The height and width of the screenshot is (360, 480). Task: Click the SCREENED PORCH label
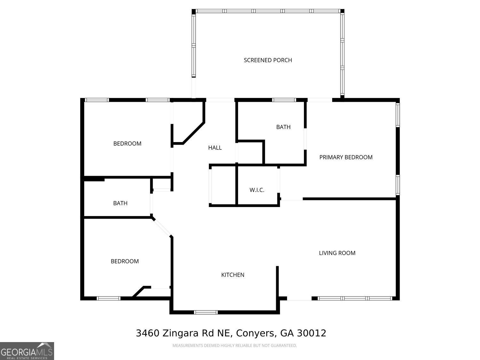268,60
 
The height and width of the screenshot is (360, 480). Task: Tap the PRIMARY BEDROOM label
346,157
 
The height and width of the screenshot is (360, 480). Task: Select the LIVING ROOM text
337,253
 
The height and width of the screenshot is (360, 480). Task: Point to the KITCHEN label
233,275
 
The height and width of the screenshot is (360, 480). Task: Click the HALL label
215,148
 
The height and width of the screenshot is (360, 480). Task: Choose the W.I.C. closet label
257,190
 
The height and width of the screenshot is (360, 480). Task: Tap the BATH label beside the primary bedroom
283,127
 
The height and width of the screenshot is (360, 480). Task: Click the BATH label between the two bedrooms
120,203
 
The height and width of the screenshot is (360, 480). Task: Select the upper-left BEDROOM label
127,143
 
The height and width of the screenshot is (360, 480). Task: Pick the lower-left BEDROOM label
124,261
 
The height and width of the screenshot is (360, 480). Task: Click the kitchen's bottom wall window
206,312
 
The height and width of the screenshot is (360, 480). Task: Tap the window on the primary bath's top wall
284,100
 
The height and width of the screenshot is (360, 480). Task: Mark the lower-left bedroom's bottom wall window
108,298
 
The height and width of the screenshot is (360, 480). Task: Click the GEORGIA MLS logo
27,351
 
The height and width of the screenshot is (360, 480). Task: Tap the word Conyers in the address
255,333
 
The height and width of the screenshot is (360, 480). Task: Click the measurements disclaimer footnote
235,346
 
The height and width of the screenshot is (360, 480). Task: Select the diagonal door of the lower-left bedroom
162,228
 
